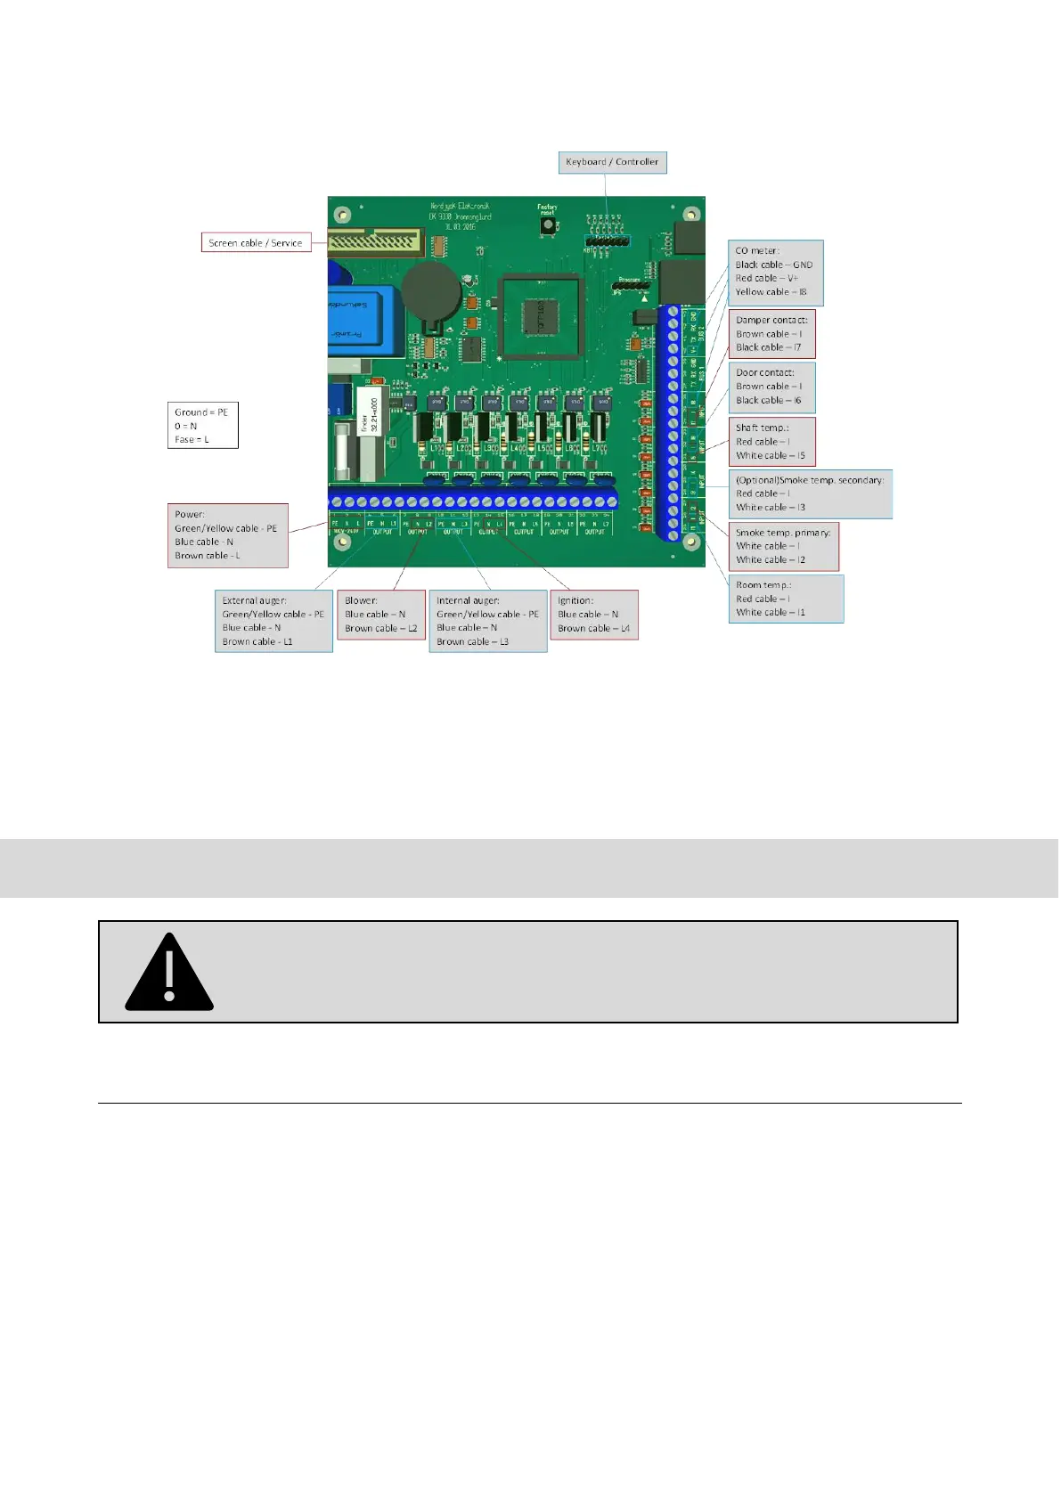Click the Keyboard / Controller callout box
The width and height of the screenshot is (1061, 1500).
point(612,162)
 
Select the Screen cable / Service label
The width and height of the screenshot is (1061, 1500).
point(256,242)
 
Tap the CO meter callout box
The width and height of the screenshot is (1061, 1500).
point(775,272)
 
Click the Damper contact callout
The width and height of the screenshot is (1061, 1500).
point(771,334)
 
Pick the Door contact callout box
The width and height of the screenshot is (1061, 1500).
point(771,387)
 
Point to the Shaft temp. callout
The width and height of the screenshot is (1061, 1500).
point(771,442)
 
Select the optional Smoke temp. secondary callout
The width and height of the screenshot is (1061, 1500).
point(810,493)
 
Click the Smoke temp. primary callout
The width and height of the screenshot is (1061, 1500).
point(783,546)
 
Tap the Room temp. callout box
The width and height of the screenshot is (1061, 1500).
point(786,599)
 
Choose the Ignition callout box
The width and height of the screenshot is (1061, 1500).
point(593,615)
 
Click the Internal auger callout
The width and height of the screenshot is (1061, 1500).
point(487,621)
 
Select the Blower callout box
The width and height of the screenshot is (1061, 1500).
point(380,615)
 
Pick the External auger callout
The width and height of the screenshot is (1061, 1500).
point(273,621)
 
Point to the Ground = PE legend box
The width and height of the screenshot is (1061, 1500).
point(202,425)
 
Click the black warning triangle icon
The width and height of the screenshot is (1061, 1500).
point(169,973)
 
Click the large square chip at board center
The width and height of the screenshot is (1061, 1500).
point(541,318)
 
